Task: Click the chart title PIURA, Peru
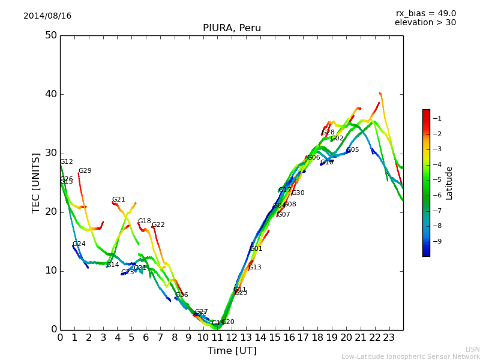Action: [232, 28]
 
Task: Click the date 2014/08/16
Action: [47, 16]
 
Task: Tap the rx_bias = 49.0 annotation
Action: [426, 14]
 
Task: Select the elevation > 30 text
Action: [425, 23]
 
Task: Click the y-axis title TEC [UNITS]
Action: [36, 182]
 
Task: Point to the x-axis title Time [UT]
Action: [232, 351]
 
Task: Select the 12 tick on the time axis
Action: [232, 338]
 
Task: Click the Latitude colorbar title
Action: [449, 183]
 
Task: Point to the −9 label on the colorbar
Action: [437, 241]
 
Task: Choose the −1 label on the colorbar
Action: [437, 118]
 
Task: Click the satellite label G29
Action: [85, 171]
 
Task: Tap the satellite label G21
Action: [119, 200]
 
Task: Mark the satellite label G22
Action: [158, 225]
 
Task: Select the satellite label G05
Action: [353, 150]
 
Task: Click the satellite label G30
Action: [298, 193]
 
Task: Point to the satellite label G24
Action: [79, 244]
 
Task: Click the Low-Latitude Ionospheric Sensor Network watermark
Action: [410, 357]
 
